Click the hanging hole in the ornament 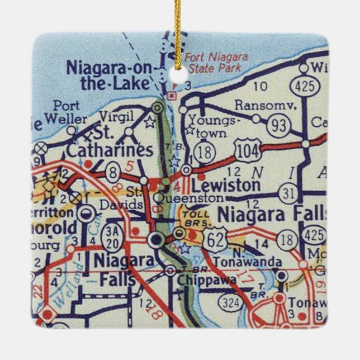[179, 76]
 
